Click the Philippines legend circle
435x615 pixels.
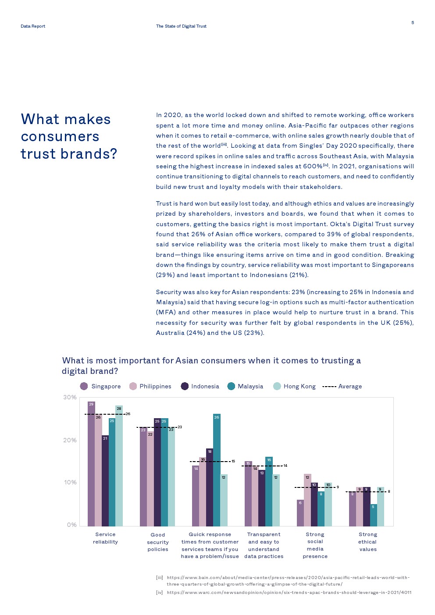[133, 386]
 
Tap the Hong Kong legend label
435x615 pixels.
[300, 386]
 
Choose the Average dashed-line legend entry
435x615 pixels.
[342, 386]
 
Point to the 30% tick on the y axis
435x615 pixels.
[70, 397]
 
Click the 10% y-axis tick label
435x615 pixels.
[70, 482]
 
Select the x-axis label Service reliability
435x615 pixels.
[105, 538]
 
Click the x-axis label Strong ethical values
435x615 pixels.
[367, 541]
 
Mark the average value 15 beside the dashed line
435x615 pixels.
[233, 461]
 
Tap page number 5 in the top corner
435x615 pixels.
[412, 23]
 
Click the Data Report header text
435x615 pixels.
[33, 26]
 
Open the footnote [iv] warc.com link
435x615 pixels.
[289, 592]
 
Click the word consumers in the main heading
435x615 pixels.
[60, 137]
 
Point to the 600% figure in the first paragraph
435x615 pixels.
[313, 166]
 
